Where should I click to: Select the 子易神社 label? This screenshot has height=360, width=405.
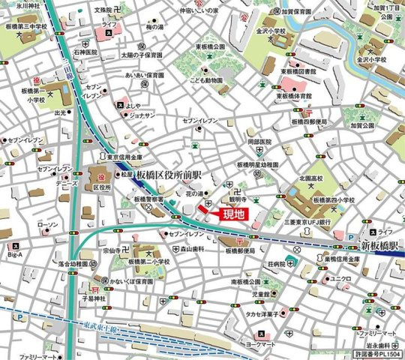96,300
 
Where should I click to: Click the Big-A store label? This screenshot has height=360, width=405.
14,255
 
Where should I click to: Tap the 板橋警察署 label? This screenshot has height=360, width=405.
148,200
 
